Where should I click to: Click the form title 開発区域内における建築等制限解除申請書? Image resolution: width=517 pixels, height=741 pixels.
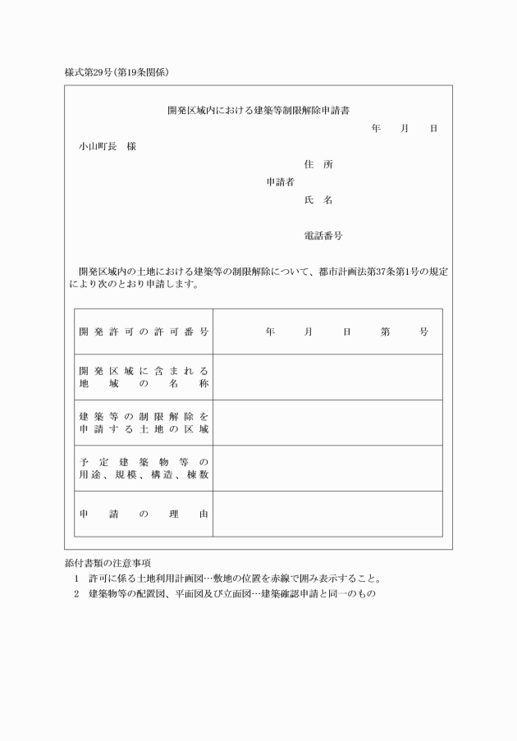click(258, 109)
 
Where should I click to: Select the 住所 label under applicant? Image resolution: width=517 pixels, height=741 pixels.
click(318, 164)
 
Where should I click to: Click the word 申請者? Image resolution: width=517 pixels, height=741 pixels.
click(280, 182)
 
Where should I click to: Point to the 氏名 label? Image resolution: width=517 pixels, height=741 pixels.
click(318, 200)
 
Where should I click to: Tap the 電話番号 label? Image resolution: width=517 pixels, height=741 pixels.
click(323, 236)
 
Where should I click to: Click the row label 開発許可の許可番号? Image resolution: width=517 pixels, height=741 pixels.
click(144, 332)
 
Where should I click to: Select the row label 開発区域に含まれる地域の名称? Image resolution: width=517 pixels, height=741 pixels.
click(144, 377)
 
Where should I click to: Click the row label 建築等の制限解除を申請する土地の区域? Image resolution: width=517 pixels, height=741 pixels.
click(144, 423)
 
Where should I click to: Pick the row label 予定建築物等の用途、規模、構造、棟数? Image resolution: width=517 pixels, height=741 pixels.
click(144, 468)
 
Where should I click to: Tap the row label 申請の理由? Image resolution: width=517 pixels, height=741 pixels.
click(144, 514)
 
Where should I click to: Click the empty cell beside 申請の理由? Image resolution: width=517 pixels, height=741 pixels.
click(327, 514)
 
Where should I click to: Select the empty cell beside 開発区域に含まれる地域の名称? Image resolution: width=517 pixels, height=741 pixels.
click(327, 377)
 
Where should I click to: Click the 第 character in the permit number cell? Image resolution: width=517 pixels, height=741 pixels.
click(385, 332)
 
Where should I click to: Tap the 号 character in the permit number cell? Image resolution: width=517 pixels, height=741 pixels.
click(423, 332)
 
